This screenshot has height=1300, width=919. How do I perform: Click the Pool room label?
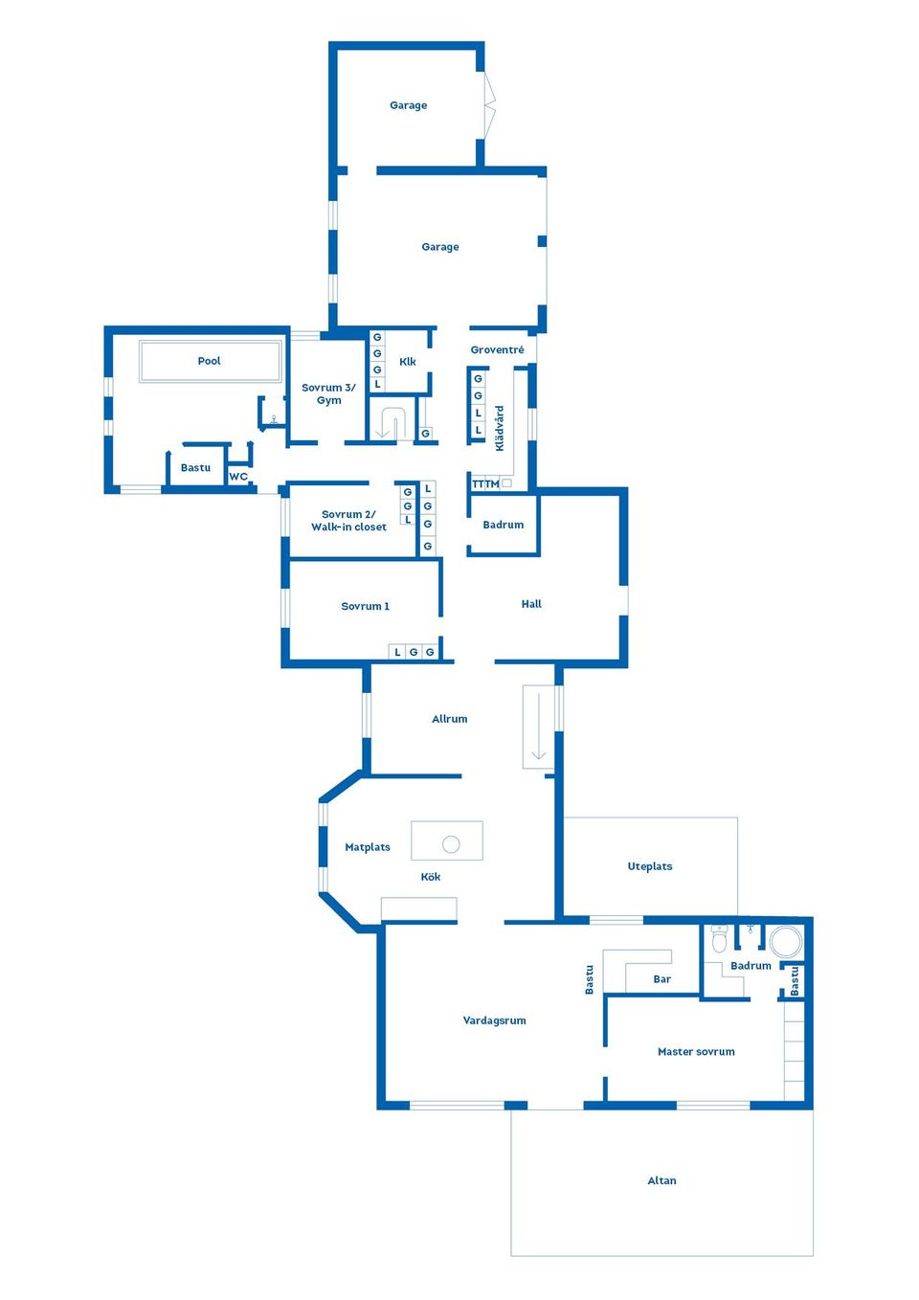click(x=209, y=361)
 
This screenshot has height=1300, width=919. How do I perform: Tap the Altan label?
click(x=661, y=1180)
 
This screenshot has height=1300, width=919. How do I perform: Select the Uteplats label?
click(x=650, y=866)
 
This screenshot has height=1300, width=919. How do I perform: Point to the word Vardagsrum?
click(x=494, y=1020)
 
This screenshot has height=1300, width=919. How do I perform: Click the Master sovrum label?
click(x=696, y=1051)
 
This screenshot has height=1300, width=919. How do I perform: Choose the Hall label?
click(x=531, y=604)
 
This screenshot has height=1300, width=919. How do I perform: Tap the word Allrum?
click(x=449, y=719)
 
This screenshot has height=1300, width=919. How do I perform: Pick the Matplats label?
click(x=368, y=847)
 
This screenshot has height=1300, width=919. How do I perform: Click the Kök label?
click(x=431, y=877)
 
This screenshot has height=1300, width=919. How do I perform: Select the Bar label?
click(x=661, y=979)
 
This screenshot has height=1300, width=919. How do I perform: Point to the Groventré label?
click(x=497, y=350)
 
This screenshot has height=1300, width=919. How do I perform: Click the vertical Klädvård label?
click(x=499, y=428)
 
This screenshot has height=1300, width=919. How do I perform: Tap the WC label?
click(x=238, y=477)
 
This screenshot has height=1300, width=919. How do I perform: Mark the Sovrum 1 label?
click(x=365, y=606)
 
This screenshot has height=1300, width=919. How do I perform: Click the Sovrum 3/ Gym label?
click(x=328, y=393)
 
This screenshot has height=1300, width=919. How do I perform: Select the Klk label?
click(x=408, y=362)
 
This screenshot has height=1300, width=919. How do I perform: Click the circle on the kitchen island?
click(x=451, y=844)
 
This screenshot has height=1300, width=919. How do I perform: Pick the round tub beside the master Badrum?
click(x=786, y=942)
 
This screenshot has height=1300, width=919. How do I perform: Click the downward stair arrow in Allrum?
click(x=539, y=727)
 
